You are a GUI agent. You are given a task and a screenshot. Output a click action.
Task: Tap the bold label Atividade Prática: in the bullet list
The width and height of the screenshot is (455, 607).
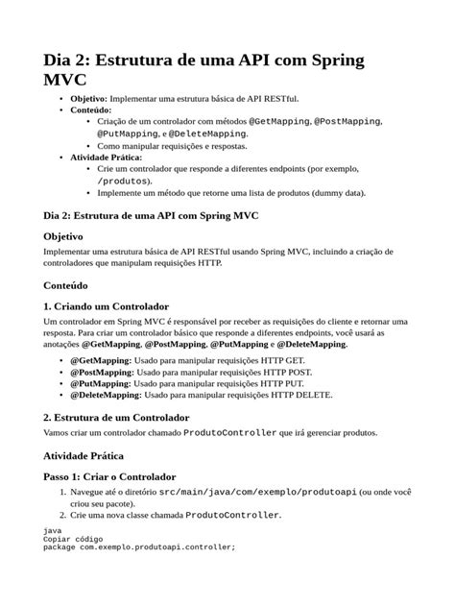tap(107, 157)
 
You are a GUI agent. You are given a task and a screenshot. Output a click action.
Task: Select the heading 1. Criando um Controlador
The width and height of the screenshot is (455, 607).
tap(107, 306)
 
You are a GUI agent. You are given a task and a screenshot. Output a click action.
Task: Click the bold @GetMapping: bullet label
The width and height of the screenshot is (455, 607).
tap(107, 360)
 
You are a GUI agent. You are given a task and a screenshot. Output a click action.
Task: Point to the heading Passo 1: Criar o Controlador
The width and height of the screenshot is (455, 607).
tap(110, 476)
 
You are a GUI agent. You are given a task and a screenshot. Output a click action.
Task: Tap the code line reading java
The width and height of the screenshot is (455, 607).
tap(55, 530)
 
